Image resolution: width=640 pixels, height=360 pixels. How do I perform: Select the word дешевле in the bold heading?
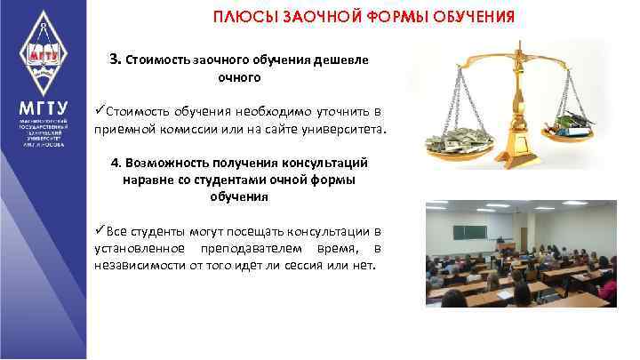(x=340, y=60)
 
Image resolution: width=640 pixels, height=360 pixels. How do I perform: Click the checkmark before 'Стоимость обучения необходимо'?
(x=100, y=110)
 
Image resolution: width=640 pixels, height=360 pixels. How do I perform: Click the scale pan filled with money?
(x=460, y=138)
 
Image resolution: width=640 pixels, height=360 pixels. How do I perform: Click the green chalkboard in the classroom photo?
(x=471, y=232)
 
